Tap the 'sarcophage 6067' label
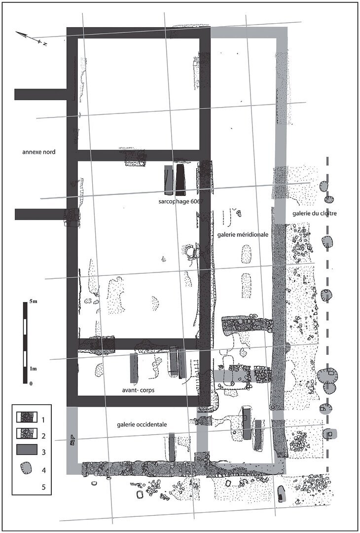click(x=180, y=201)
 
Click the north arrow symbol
click(x=31, y=38)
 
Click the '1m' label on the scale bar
click(x=33, y=369)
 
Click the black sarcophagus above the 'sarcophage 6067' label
click(x=180, y=180)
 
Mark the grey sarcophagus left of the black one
click(x=169, y=180)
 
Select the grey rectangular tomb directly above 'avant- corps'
click(x=134, y=368)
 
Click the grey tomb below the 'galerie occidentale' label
click(x=172, y=447)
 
